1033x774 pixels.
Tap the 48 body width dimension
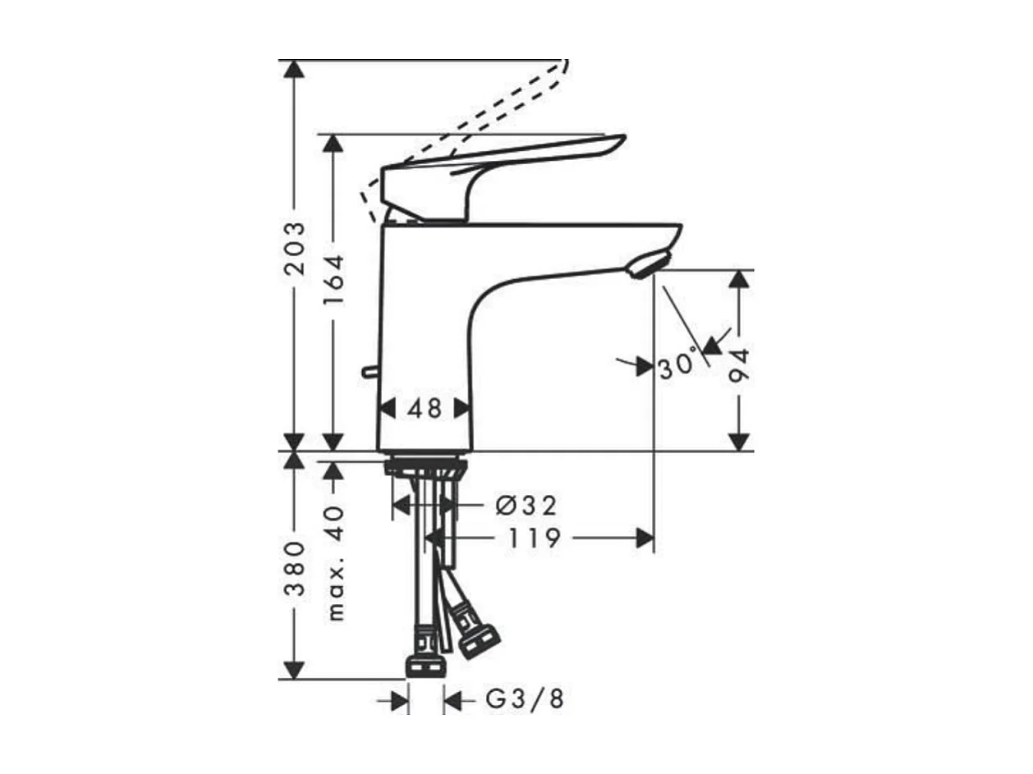[x=425, y=408]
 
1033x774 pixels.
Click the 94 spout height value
[x=740, y=366]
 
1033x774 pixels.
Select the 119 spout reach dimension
[x=534, y=538]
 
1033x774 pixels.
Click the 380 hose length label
[x=294, y=567]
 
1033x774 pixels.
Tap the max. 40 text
[x=334, y=562]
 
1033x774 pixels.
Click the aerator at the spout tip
[x=649, y=266]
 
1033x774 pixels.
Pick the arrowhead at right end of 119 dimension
[x=645, y=538]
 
